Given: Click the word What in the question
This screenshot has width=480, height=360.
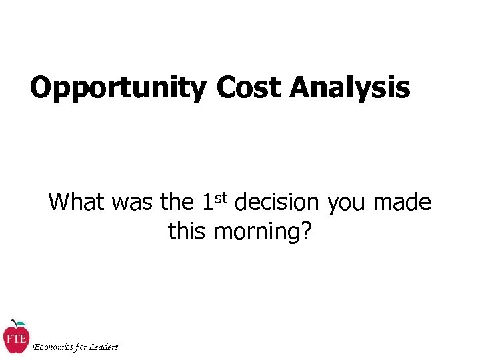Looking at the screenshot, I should pyautogui.click(x=78, y=201).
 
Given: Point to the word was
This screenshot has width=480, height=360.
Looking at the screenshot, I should pyautogui.click(x=132, y=201).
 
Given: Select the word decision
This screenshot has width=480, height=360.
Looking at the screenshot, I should pyautogui.click(x=278, y=201).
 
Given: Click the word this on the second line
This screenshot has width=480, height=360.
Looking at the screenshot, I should pyautogui.click(x=188, y=231).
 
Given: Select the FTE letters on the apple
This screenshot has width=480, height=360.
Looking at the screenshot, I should pyautogui.click(x=15, y=338).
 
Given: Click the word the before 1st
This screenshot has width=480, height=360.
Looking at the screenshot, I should pyautogui.click(x=176, y=201).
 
